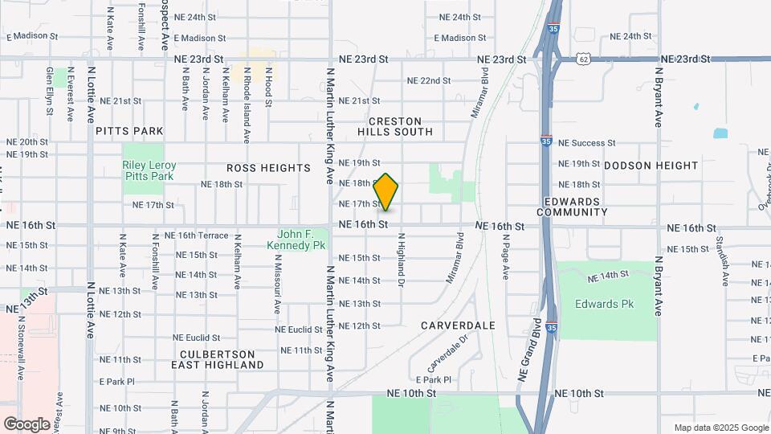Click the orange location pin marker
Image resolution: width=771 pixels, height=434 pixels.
386,191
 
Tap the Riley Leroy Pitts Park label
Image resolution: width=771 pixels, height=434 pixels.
149,170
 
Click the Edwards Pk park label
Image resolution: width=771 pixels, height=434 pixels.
604,304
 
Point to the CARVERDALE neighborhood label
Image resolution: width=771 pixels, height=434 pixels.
458,325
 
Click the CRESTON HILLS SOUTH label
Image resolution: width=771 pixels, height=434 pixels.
395,126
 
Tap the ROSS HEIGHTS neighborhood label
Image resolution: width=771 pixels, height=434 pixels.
268,168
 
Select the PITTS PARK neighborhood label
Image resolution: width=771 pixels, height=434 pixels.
129,131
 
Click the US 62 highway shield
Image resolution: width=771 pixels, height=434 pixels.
584,59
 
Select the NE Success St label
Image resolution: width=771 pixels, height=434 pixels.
586,143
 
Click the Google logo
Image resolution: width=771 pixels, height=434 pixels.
27,424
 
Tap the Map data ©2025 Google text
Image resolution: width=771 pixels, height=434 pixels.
720,428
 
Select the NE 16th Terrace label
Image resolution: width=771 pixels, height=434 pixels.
197,235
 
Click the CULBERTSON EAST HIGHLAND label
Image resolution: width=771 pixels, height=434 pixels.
218,359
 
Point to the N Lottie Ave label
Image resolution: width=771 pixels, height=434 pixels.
91,309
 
